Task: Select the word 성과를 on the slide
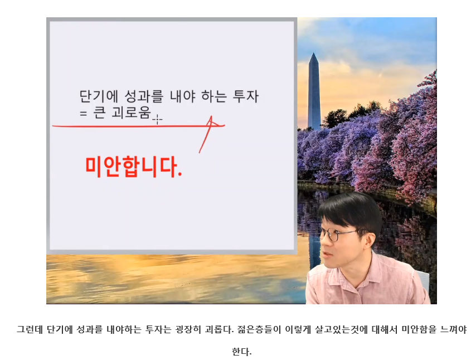pyautogui.click(x=144, y=96)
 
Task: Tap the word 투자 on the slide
pyautogui.click(x=246, y=96)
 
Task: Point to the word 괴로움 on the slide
pyautogui.click(x=132, y=113)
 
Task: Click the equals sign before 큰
pyautogui.click(x=83, y=114)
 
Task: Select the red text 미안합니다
pyautogui.click(x=134, y=167)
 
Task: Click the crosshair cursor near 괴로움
pyautogui.click(x=157, y=120)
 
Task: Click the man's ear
pyautogui.click(x=368, y=237)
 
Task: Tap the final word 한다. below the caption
pyautogui.click(x=241, y=351)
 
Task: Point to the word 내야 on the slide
pyautogui.click(x=183, y=96)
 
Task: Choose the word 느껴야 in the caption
pyautogui.click(x=453, y=329)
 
